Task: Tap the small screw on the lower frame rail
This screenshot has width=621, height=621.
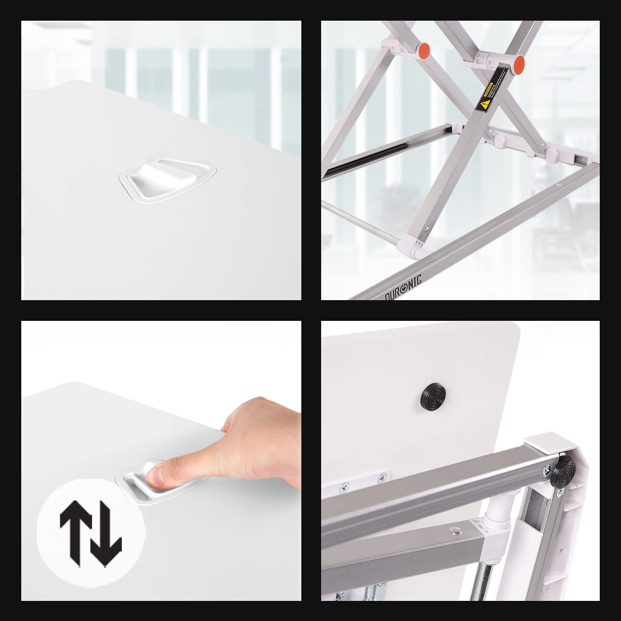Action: [559, 185]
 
